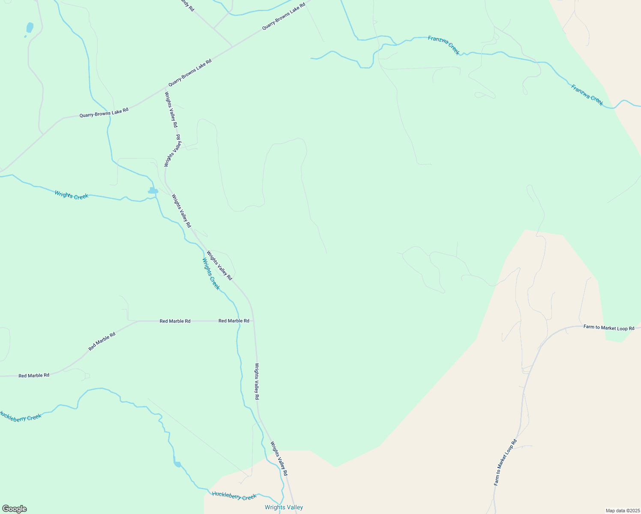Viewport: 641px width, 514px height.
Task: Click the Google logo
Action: [14, 509]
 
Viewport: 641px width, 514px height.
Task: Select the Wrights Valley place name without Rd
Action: [284, 507]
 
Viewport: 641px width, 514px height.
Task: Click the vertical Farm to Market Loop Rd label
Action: [505, 462]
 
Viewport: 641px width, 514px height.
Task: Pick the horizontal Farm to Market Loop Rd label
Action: [608, 328]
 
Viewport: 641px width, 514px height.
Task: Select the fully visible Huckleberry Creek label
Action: [234, 496]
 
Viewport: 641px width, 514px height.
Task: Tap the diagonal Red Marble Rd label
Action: [102, 341]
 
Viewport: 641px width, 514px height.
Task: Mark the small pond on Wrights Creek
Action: [153, 191]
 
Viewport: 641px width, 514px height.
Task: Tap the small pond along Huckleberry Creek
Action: [177, 464]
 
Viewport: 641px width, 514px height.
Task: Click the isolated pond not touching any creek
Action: [30, 27]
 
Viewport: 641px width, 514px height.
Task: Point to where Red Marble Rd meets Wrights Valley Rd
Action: [254, 321]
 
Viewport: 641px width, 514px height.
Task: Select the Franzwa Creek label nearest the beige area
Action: [587, 95]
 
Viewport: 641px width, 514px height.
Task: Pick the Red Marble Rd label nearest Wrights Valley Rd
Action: [234, 321]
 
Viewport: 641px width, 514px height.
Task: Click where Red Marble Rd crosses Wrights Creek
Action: [238, 321]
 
